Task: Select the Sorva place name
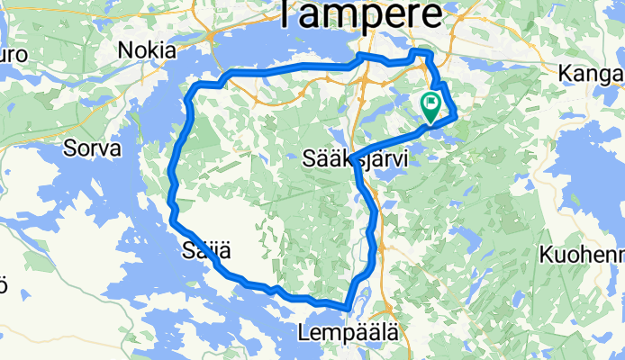pyautogui.click(x=92, y=148)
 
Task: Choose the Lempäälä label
pyautogui.click(x=347, y=333)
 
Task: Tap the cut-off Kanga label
pyautogui.click(x=591, y=71)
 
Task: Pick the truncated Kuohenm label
pyautogui.click(x=582, y=255)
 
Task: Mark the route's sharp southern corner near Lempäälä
pyautogui.click(x=347, y=308)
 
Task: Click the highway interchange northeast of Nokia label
pyautogui.click(x=209, y=37)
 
